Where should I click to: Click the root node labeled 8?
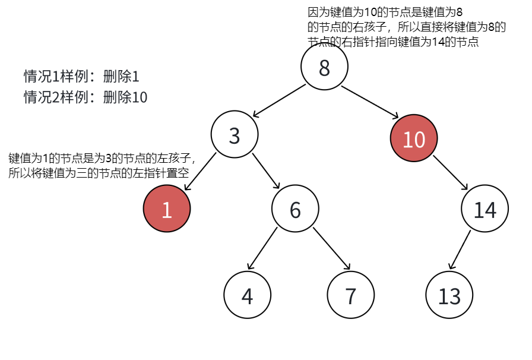324,68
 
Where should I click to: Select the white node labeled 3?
235,135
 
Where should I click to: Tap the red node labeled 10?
414,139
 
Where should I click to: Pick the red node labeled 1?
167,209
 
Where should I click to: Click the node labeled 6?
296,209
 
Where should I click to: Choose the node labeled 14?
485,209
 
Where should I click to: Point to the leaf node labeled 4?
248,295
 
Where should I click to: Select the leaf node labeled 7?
351,295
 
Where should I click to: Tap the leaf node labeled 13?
449,295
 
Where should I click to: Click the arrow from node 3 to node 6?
265,172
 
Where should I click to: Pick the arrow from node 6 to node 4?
263,249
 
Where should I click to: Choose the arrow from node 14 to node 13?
460,250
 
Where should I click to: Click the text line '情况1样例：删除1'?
81,77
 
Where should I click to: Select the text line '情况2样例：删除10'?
85,97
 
